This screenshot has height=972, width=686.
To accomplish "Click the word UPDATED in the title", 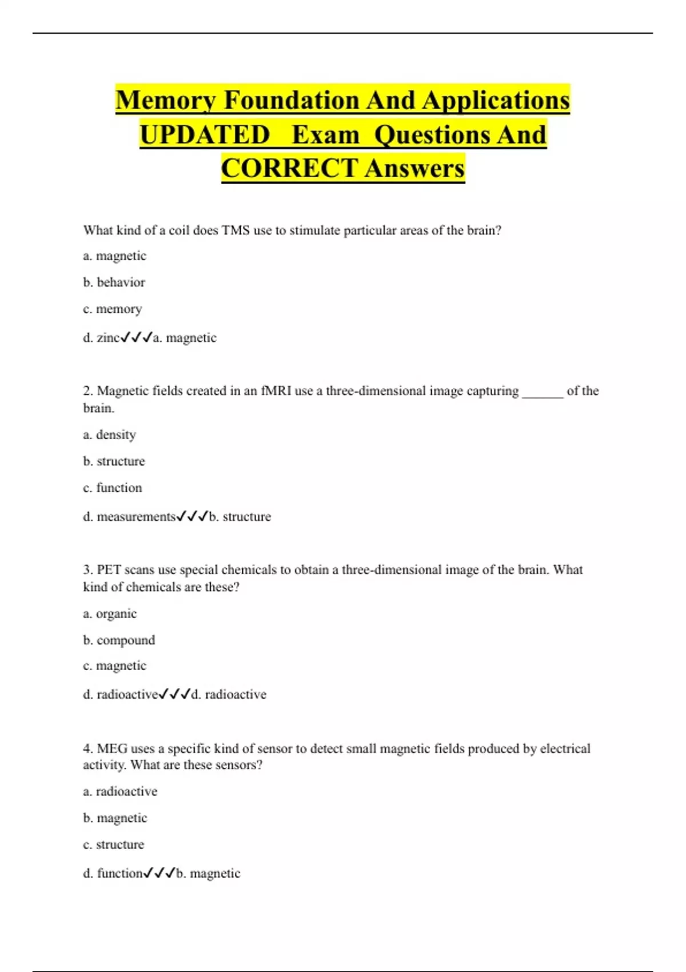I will point(205,135).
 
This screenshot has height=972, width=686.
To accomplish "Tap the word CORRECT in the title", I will point(289,169).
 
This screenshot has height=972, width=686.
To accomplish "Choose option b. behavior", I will point(114,282).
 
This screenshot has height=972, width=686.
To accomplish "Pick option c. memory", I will point(112,309).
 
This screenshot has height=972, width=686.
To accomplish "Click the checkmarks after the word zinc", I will point(137,338).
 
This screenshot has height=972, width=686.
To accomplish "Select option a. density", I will point(109,435).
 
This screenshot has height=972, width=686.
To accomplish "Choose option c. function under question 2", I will point(112,488).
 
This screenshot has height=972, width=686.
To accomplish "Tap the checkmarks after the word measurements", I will point(192,517).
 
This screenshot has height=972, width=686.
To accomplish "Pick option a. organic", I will point(110,614).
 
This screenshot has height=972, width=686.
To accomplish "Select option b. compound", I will point(119,640).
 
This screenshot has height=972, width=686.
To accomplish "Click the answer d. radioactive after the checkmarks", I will point(229,695).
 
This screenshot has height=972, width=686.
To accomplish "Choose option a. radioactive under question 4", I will point(120,792).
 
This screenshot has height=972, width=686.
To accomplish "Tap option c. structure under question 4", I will point(113,844).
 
